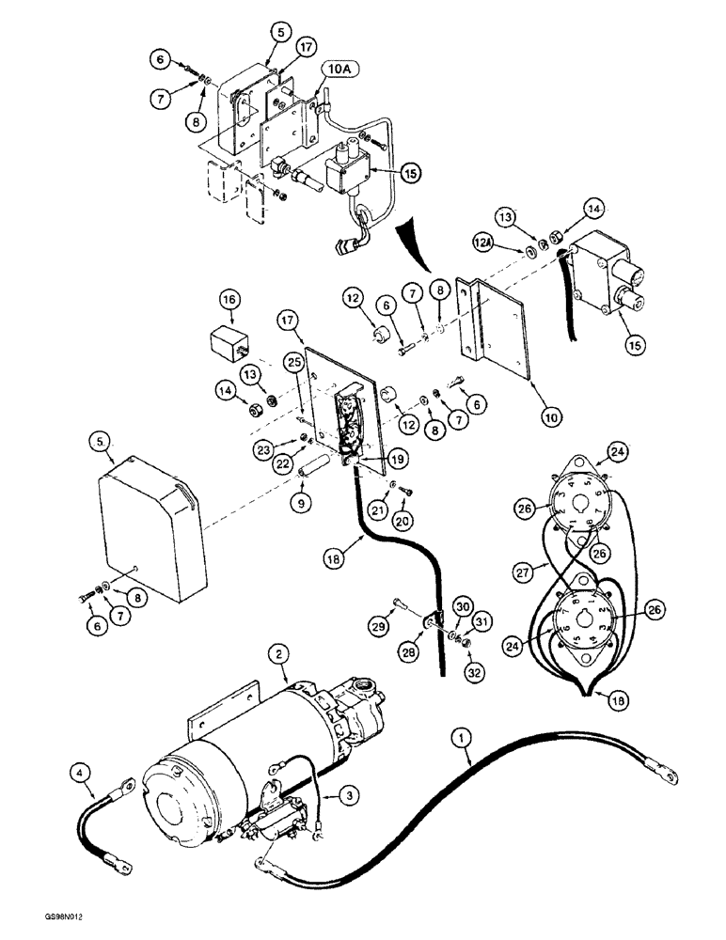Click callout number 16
tap(231, 301)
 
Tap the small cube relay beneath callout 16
tap(229, 340)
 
